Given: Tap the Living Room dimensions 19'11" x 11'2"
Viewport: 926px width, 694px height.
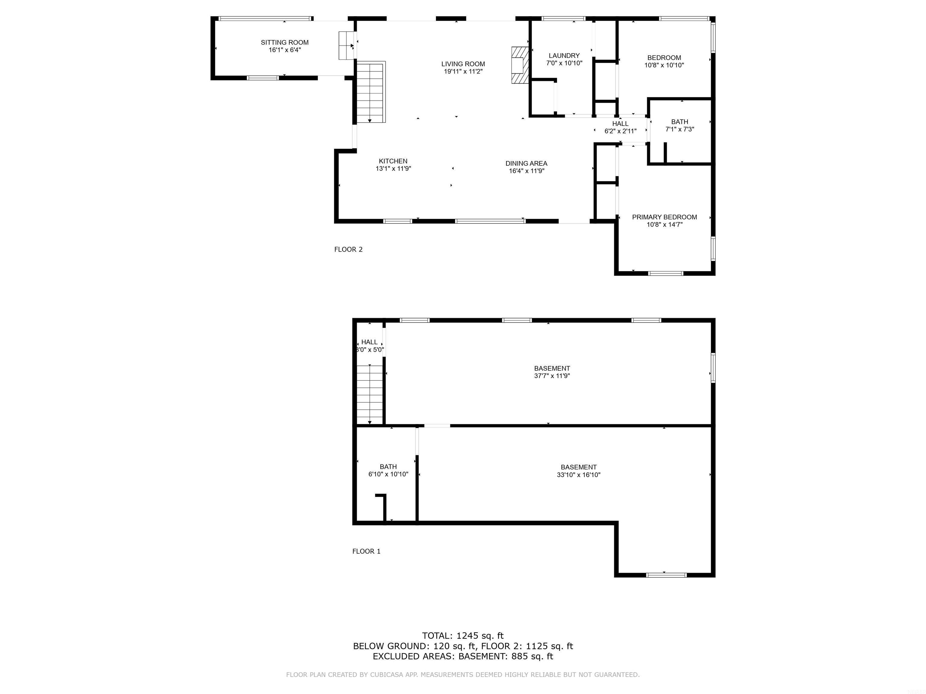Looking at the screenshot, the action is [x=463, y=71].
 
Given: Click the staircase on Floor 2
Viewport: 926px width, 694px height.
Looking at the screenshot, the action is [x=370, y=92].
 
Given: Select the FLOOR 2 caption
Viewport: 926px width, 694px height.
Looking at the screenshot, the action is [x=348, y=249].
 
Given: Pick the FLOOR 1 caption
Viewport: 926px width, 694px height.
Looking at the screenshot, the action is [x=366, y=551].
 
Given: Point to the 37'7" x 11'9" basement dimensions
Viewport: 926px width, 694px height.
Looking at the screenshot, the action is [x=552, y=376].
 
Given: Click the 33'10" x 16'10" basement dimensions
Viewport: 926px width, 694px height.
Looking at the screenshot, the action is [x=578, y=475].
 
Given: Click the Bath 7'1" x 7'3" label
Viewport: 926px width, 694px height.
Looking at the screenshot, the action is [x=680, y=126].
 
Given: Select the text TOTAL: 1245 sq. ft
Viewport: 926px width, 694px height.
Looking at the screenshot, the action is [x=463, y=636].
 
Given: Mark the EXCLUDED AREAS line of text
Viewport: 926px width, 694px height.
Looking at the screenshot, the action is [x=463, y=656].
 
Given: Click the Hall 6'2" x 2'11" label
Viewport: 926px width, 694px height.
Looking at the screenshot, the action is [x=620, y=127].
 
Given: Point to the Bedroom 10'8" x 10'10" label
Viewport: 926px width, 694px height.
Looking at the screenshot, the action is [x=664, y=61].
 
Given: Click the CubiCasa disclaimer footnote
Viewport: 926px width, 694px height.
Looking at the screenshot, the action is [x=463, y=675].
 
